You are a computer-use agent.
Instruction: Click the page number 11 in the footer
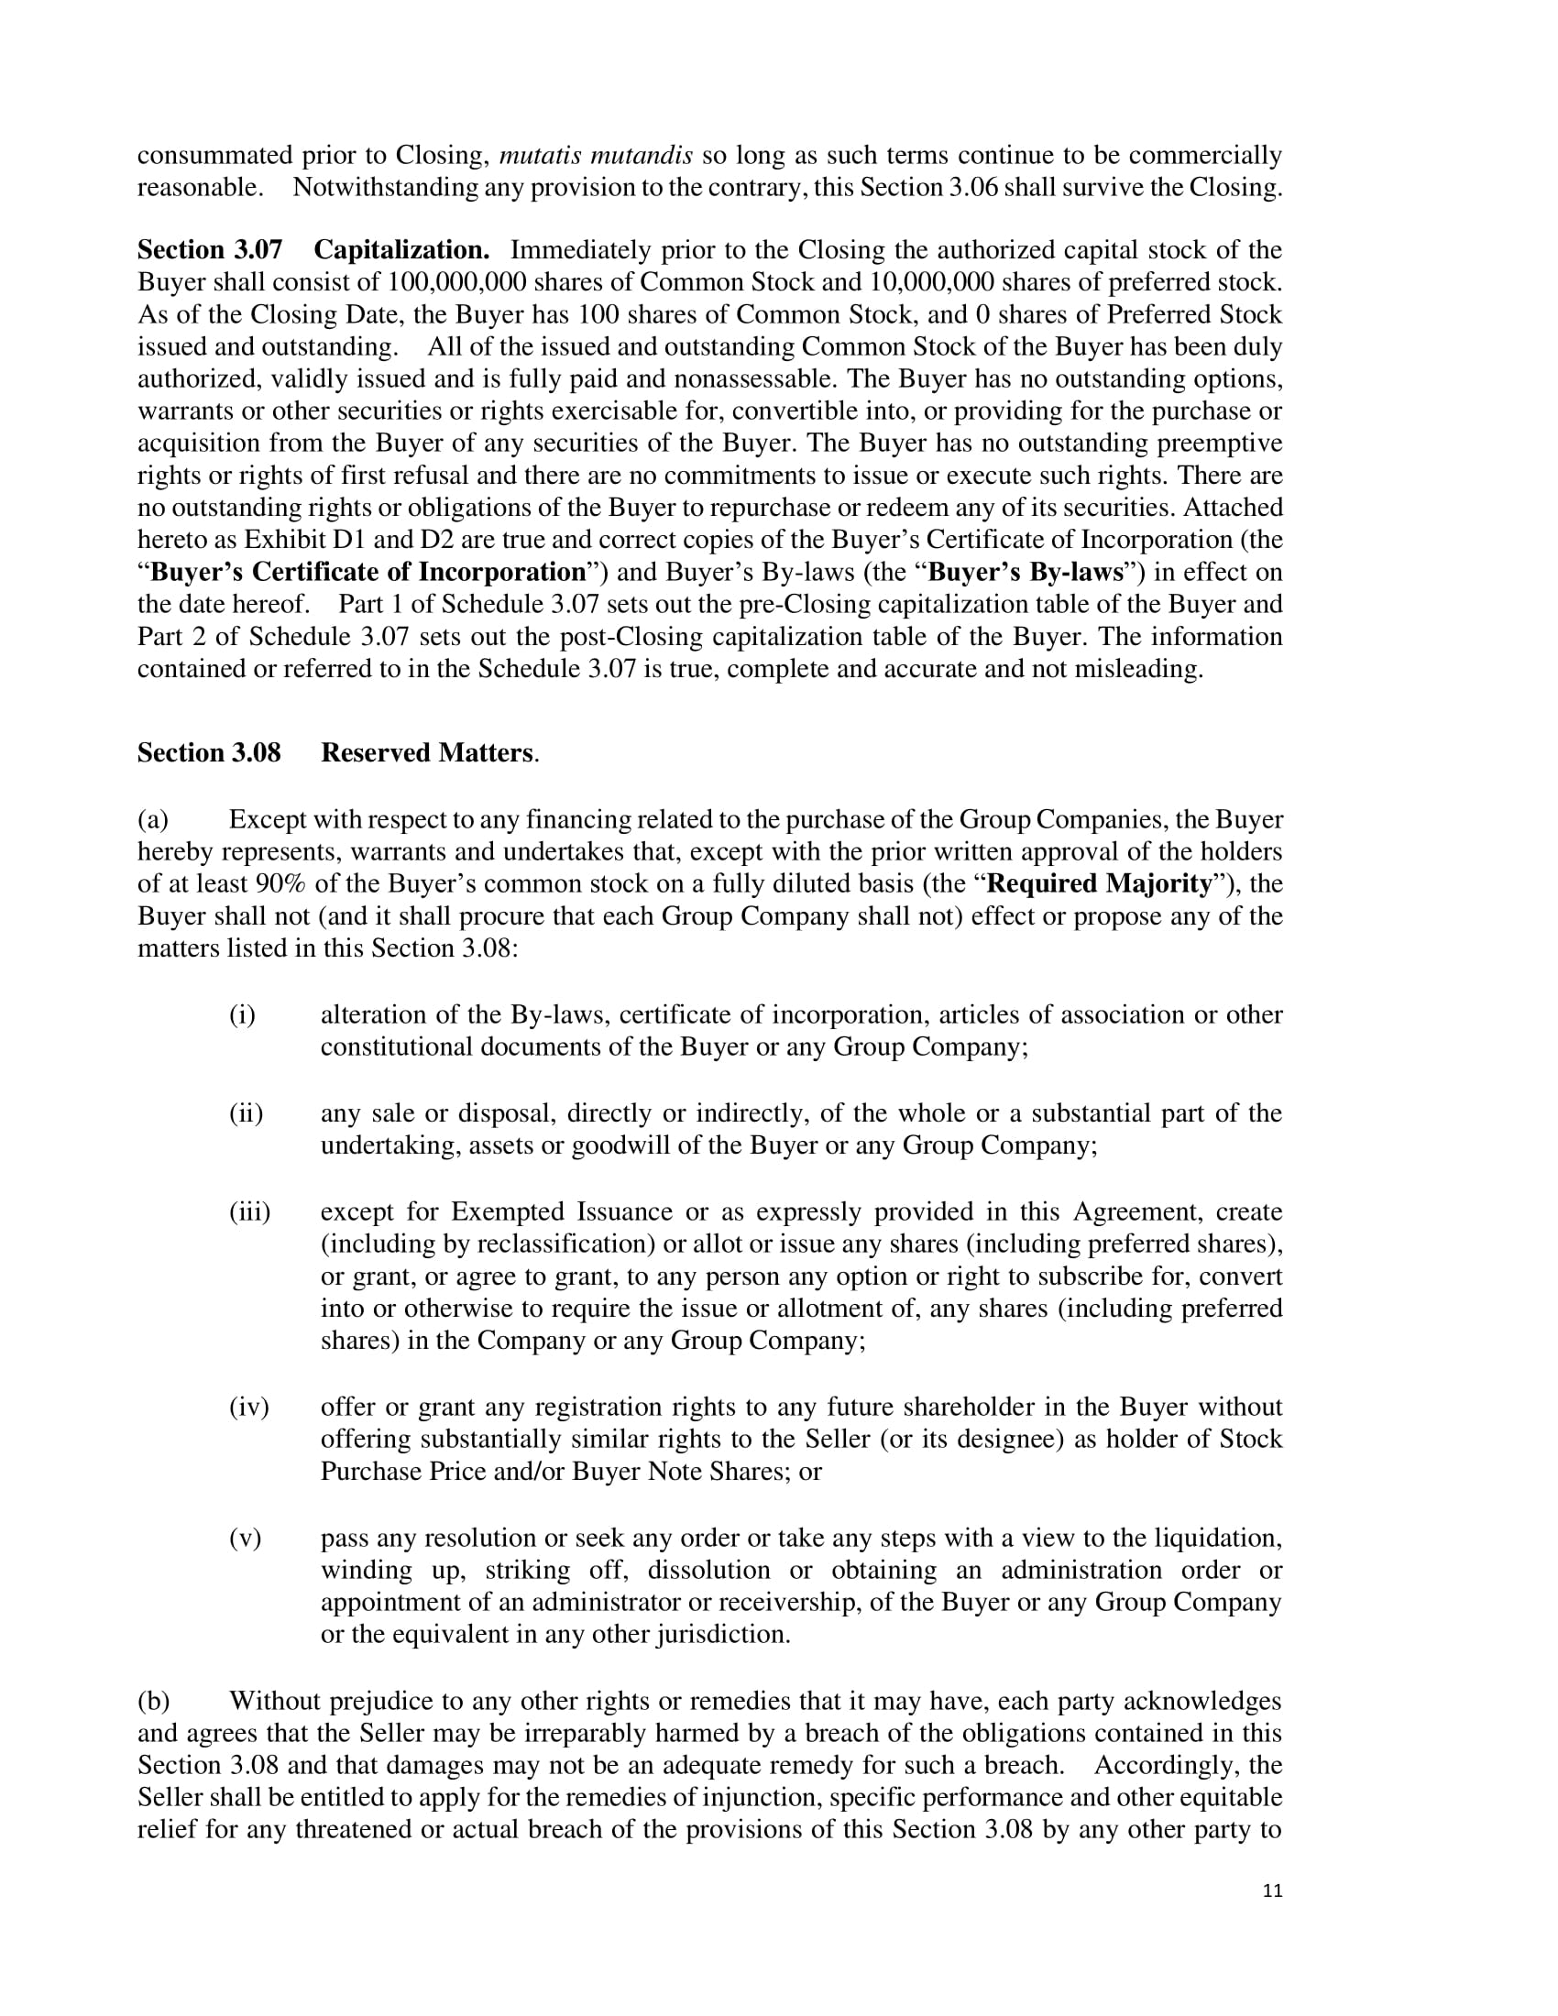[x=1272, y=1890]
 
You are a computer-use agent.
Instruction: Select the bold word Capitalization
[x=401, y=250]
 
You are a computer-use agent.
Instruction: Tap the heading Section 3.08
[x=209, y=753]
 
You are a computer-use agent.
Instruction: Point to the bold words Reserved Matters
[x=426, y=753]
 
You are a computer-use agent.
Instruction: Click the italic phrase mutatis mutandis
[x=596, y=155]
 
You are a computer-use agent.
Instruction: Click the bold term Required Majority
[x=1098, y=884]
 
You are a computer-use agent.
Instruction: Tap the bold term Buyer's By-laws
[x=1026, y=573]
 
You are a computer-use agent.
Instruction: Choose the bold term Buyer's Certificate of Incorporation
[x=368, y=573]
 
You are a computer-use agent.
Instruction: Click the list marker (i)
[x=242, y=1015]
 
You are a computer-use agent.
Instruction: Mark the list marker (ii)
[x=246, y=1113]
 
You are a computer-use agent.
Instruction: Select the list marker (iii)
[x=249, y=1212]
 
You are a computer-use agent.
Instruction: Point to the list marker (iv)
[x=248, y=1407]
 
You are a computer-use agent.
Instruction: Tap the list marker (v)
[x=245, y=1538]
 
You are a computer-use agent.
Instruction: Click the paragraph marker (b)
[x=153, y=1700]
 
